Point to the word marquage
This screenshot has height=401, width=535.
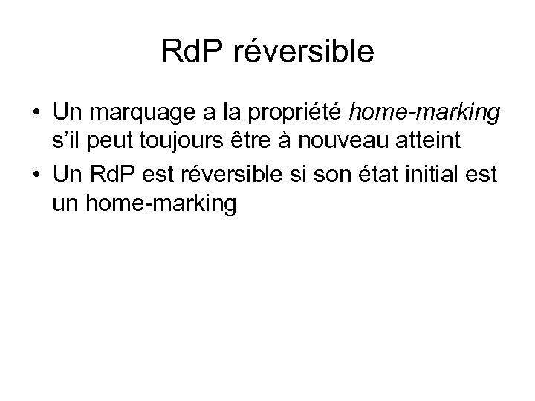pyautogui.click(x=131, y=114)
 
